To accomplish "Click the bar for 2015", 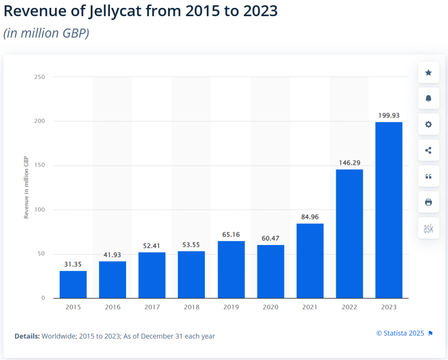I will tap(73, 284).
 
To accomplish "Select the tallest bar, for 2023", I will tap(389, 210).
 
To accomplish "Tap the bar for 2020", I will tap(270, 272).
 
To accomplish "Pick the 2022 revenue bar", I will tap(349, 234).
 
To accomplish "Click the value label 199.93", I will tap(389, 115).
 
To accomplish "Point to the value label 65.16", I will tap(231, 235).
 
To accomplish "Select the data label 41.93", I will tap(112, 255).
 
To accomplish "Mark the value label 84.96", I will tap(310, 217).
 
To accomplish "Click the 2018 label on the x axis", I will tap(191, 307).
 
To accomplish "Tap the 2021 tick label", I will tap(310, 307).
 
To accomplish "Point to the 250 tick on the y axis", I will tap(40, 77).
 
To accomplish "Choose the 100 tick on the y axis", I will tap(40, 210).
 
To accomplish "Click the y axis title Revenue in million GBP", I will tap(26, 187).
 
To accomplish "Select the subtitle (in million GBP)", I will tap(46, 33).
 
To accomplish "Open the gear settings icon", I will tap(429, 125).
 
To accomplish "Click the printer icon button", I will tap(429, 202).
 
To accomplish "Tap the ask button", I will tap(429, 228).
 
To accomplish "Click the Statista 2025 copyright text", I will tap(400, 333).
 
